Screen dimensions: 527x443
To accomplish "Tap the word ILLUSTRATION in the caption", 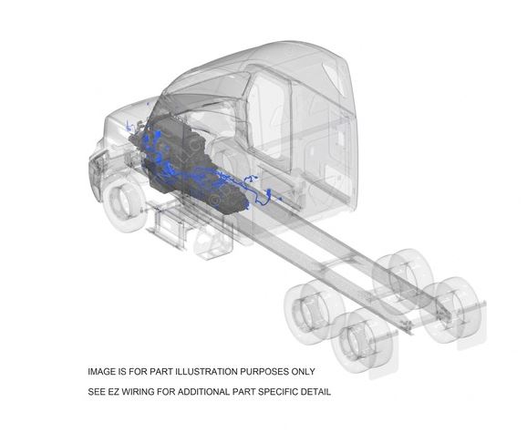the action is [x=207, y=371].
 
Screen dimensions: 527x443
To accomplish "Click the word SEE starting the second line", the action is [x=97, y=392].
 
